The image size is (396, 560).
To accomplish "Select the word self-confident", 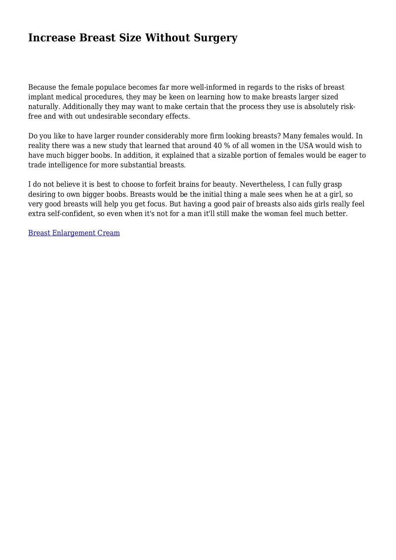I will pos(68,214).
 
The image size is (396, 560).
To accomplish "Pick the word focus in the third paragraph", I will pos(156,204).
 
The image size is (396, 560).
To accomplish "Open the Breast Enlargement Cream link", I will pos(74,233).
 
